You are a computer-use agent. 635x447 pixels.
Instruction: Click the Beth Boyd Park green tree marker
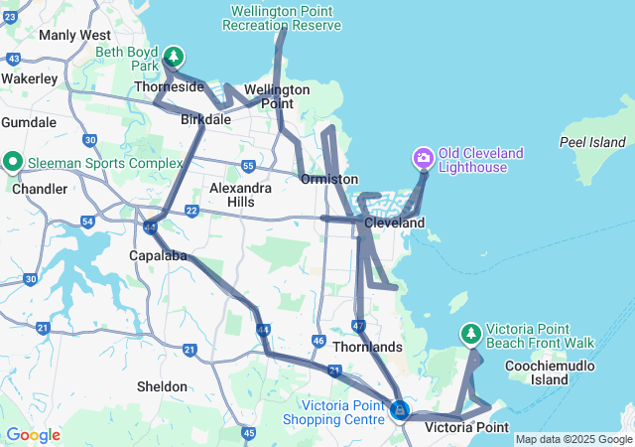[x=174, y=57]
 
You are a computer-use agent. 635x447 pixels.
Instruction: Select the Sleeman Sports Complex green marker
[x=13, y=160]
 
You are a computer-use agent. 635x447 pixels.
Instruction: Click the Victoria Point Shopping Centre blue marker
[x=399, y=409]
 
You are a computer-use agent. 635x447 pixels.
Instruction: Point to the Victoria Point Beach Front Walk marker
[x=471, y=333]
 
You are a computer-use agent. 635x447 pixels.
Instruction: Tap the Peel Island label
[x=594, y=142]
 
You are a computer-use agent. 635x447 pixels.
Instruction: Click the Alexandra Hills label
[x=241, y=195]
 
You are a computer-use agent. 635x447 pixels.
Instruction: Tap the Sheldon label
[x=162, y=386]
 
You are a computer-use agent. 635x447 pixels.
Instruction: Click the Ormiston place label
[x=328, y=179]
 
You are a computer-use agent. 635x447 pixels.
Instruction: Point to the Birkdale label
[x=206, y=119]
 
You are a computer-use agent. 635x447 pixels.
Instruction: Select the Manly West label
[x=74, y=35]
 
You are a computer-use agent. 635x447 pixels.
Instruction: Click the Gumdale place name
[x=29, y=122]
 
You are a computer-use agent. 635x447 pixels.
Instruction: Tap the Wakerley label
[x=30, y=77]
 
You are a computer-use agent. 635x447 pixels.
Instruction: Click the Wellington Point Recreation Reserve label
[x=283, y=17]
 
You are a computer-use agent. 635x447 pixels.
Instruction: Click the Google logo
[x=33, y=435]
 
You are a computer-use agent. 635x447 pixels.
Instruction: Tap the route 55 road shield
[x=248, y=166]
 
